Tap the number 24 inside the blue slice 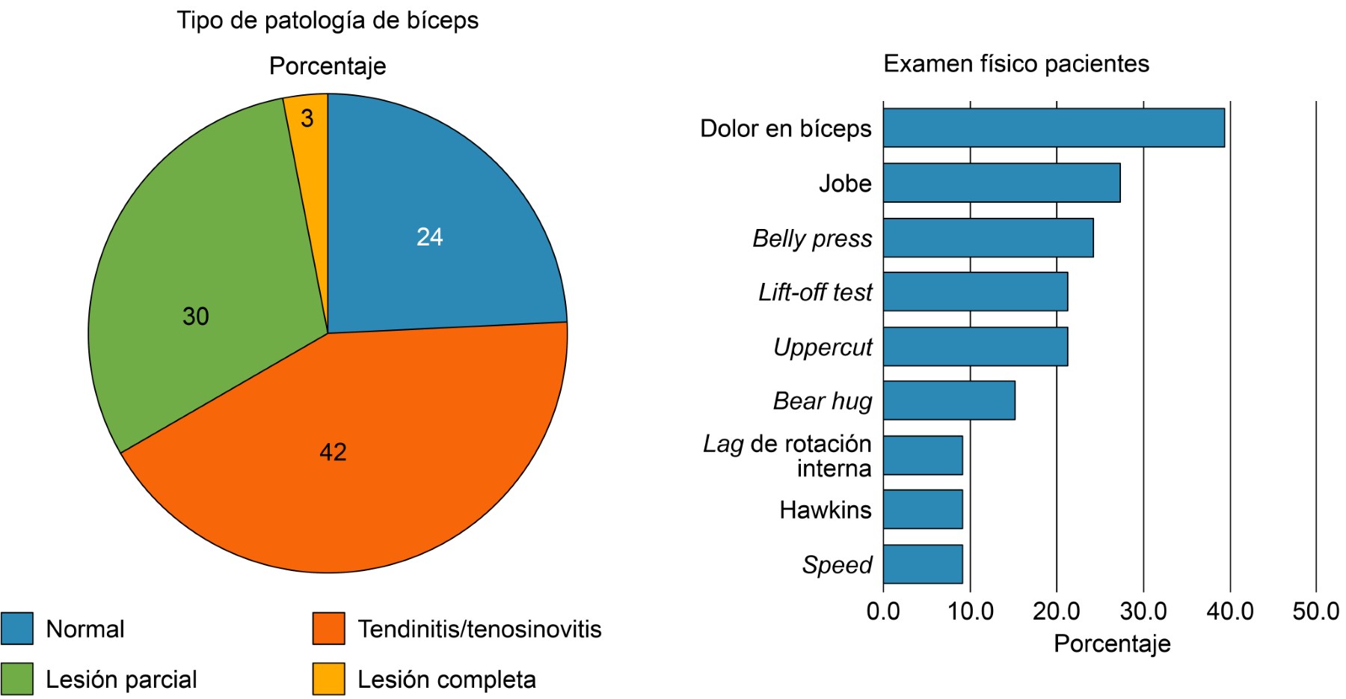(x=429, y=237)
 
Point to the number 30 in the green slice (x=195, y=317)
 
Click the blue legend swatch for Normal (x=17, y=629)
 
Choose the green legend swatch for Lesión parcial (x=17, y=679)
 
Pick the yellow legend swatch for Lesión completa (x=329, y=679)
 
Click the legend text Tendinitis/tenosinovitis (x=479, y=629)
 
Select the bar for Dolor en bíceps (x=1053, y=128)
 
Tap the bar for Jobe (x=1001, y=183)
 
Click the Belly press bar (x=988, y=237)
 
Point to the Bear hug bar (x=949, y=400)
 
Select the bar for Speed (x=923, y=564)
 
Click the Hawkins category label (x=825, y=510)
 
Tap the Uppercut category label (x=823, y=347)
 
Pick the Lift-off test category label (x=815, y=292)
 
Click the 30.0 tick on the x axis (x=1143, y=611)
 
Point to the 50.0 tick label (x=1316, y=611)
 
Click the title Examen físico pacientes (x=1016, y=64)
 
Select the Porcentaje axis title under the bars (x=1112, y=644)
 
